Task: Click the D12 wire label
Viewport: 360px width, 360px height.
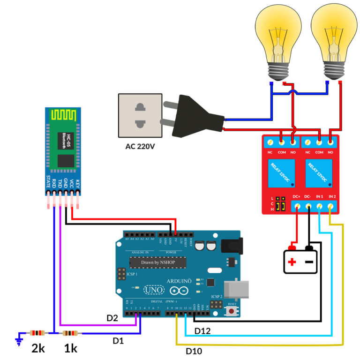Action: click(x=203, y=331)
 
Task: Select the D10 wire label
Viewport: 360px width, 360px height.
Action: click(x=194, y=351)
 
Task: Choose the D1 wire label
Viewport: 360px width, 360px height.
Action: click(x=118, y=341)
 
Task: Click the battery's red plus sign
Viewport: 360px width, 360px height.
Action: click(x=292, y=262)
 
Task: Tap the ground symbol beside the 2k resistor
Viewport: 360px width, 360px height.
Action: click(x=19, y=338)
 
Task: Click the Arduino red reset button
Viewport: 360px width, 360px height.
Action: click(x=231, y=310)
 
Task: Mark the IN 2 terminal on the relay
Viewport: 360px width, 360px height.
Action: click(x=331, y=206)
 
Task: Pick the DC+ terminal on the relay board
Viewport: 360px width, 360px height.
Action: click(x=297, y=206)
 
